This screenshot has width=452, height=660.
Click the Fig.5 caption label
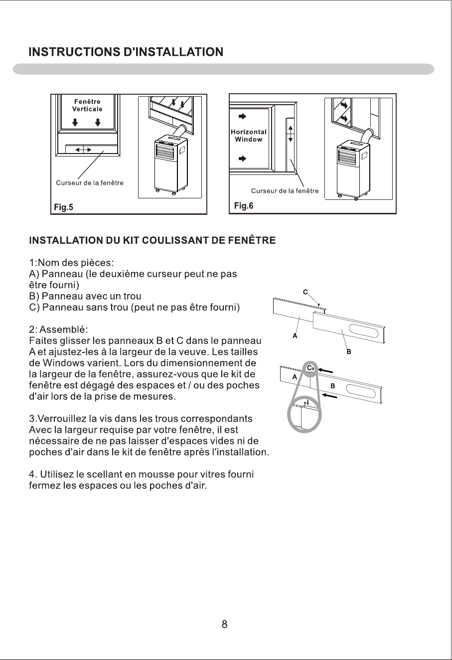pos(63,207)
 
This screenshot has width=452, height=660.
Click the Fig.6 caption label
pos(244,206)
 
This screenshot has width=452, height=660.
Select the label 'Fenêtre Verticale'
pos(87,105)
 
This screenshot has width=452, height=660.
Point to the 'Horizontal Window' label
pos(249,136)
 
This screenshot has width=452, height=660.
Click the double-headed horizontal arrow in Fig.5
pos(83,150)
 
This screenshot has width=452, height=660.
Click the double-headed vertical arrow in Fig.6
pos(291,134)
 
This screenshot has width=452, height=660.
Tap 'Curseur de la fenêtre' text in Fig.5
pos(90,182)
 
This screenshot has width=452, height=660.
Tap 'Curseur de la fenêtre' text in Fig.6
pos(285,190)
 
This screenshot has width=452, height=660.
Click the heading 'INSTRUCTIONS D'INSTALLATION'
pos(126,52)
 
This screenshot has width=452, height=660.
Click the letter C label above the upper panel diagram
pos(305,292)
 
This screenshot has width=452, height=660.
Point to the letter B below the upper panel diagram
pos(349,351)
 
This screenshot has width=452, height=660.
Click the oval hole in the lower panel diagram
pos(360,391)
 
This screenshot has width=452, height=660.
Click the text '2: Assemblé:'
pos(58,330)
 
